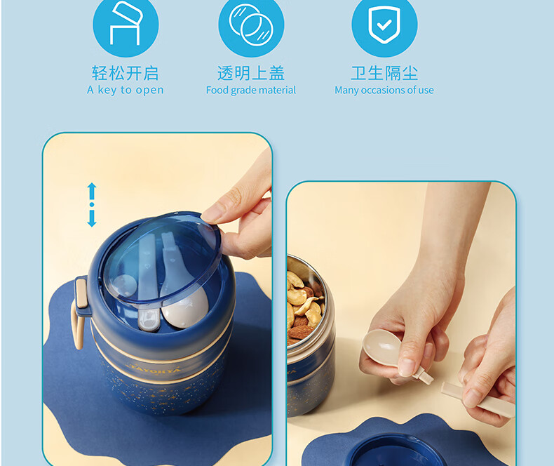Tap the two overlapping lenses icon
click(251, 25)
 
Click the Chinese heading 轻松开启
click(125, 73)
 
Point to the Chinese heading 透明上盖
click(251, 73)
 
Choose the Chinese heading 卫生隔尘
click(384, 73)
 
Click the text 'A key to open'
click(126, 90)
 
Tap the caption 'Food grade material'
click(251, 90)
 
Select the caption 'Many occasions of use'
click(384, 90)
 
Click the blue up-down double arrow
click(92, 205)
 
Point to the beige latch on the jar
click(81, 293)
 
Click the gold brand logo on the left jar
click(155, 369)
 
